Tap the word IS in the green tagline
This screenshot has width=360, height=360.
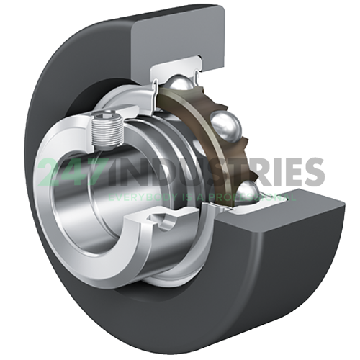(193, 196)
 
